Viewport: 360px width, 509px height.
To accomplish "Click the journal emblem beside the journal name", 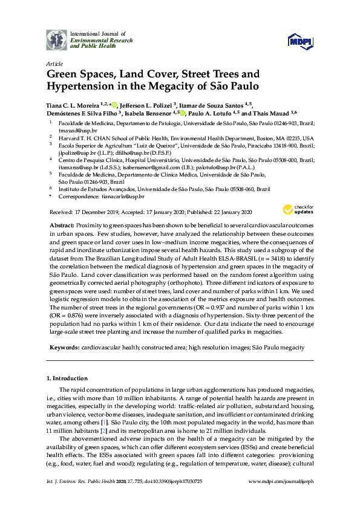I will tap(57, 39).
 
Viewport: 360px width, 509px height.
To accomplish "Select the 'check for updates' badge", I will tap(292, 210).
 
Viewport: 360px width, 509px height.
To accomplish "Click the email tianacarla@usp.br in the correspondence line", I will tap(124, 197).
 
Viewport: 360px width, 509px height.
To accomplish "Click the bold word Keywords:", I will tap(64, 348).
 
